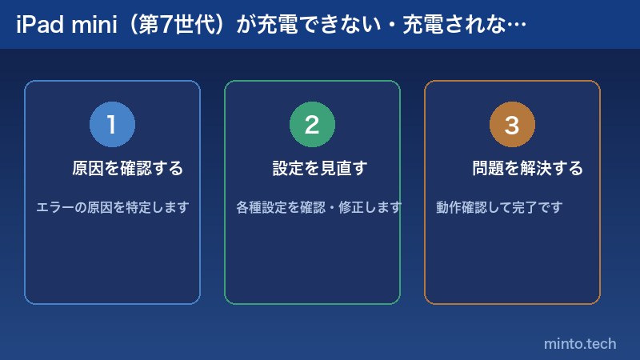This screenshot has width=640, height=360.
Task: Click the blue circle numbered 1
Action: coord(112,125)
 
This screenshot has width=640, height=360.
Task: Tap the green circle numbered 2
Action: coord(312,125)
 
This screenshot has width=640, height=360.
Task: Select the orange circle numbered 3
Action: coord(512,125)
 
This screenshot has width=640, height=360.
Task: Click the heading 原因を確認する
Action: coord(128,169)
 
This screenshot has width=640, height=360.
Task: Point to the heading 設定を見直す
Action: coord(319,169)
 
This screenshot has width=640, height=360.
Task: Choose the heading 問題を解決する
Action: coord(527,169)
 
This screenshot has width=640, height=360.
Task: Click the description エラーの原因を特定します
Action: coord(112,207)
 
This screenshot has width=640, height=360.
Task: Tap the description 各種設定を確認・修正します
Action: coord(318,207)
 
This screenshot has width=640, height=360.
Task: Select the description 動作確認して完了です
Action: coord(499,207)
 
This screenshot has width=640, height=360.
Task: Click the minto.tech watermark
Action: coord(580,343)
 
